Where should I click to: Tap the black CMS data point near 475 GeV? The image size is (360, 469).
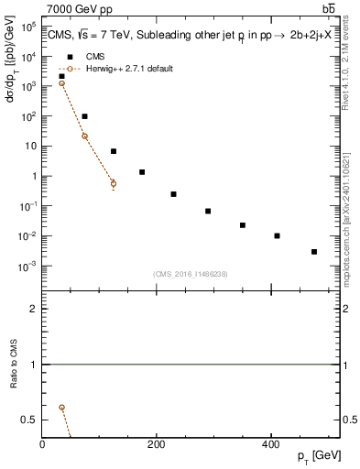click(314, 251)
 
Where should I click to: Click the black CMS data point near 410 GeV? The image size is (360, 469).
click(277, 235)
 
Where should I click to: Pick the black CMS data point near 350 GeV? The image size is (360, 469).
click(243, 224)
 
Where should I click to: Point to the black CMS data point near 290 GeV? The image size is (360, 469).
click(208, 211)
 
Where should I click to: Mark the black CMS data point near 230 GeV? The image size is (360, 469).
click(173, 194)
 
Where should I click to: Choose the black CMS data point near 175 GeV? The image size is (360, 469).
click(142, 172)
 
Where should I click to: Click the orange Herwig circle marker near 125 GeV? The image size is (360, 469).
click(114, 183)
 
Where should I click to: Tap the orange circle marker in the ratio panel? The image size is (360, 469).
click(61, 407)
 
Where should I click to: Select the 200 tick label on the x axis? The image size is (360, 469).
click(158, 445)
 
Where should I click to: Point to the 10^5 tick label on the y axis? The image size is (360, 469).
click(28, 27)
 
